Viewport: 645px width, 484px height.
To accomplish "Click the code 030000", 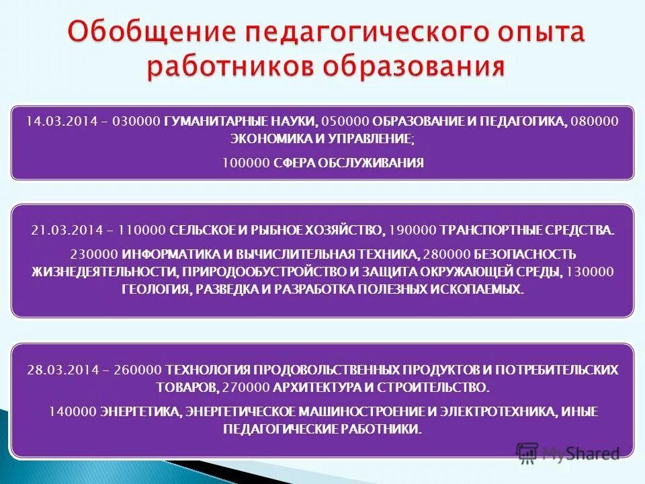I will [136, 122].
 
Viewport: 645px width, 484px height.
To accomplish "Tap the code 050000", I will [345, 122].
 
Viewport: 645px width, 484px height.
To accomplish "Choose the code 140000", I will [73, 411].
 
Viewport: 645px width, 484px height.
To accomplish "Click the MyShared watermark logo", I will [567, 454].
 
